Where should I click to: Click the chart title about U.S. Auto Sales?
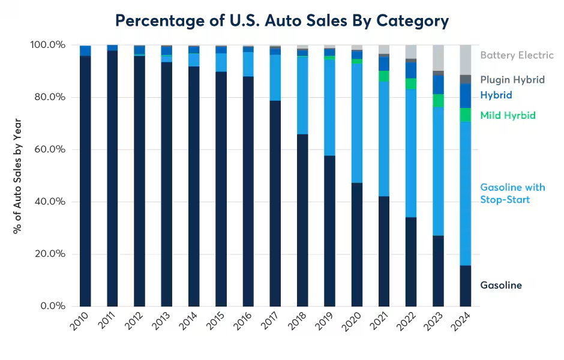click(x=282, y=21)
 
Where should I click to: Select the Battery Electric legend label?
click(x=517, y=55)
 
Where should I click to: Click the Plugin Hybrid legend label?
click(x=512, y=79)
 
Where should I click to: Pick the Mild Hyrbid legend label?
click(x=508, y=115)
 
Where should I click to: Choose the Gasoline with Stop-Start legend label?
click(x=512, y=193)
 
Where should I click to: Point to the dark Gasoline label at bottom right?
click(x=501, y=286)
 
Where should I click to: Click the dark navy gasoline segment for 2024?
click(x=466, y=286)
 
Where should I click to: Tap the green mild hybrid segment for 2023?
click(x=438, y=101)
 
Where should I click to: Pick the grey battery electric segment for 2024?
click(x=466, y=59)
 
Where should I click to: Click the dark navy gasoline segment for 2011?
click(x=112, y=180)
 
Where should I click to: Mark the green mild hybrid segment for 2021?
click(x=384, y=76)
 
